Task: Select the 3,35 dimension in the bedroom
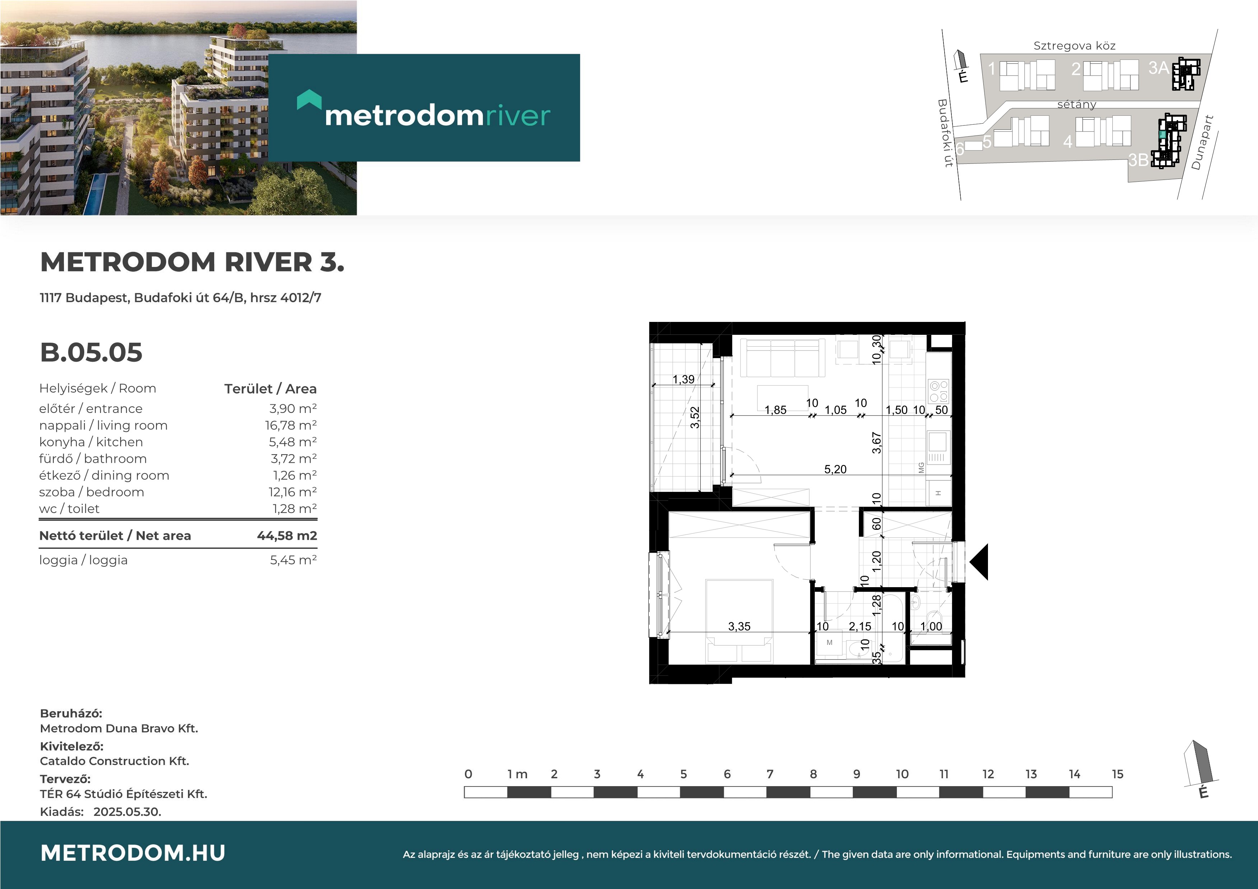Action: tap(739, 626)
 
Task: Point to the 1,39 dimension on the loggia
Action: tap(683, 379)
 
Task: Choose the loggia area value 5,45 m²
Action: tap(293, 560)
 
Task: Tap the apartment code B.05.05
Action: tap(91, 352)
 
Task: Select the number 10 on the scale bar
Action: tap(902, 774)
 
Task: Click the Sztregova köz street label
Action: tap(1074, 46)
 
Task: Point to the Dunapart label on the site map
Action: tap(1202, 142)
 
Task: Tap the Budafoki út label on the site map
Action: tap(945, 133)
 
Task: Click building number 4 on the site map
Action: tap(1067, 142)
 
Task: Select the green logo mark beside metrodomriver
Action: tap(309, 100)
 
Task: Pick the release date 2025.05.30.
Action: tap(127, 812)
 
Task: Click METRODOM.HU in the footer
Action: tap(133, 853)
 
